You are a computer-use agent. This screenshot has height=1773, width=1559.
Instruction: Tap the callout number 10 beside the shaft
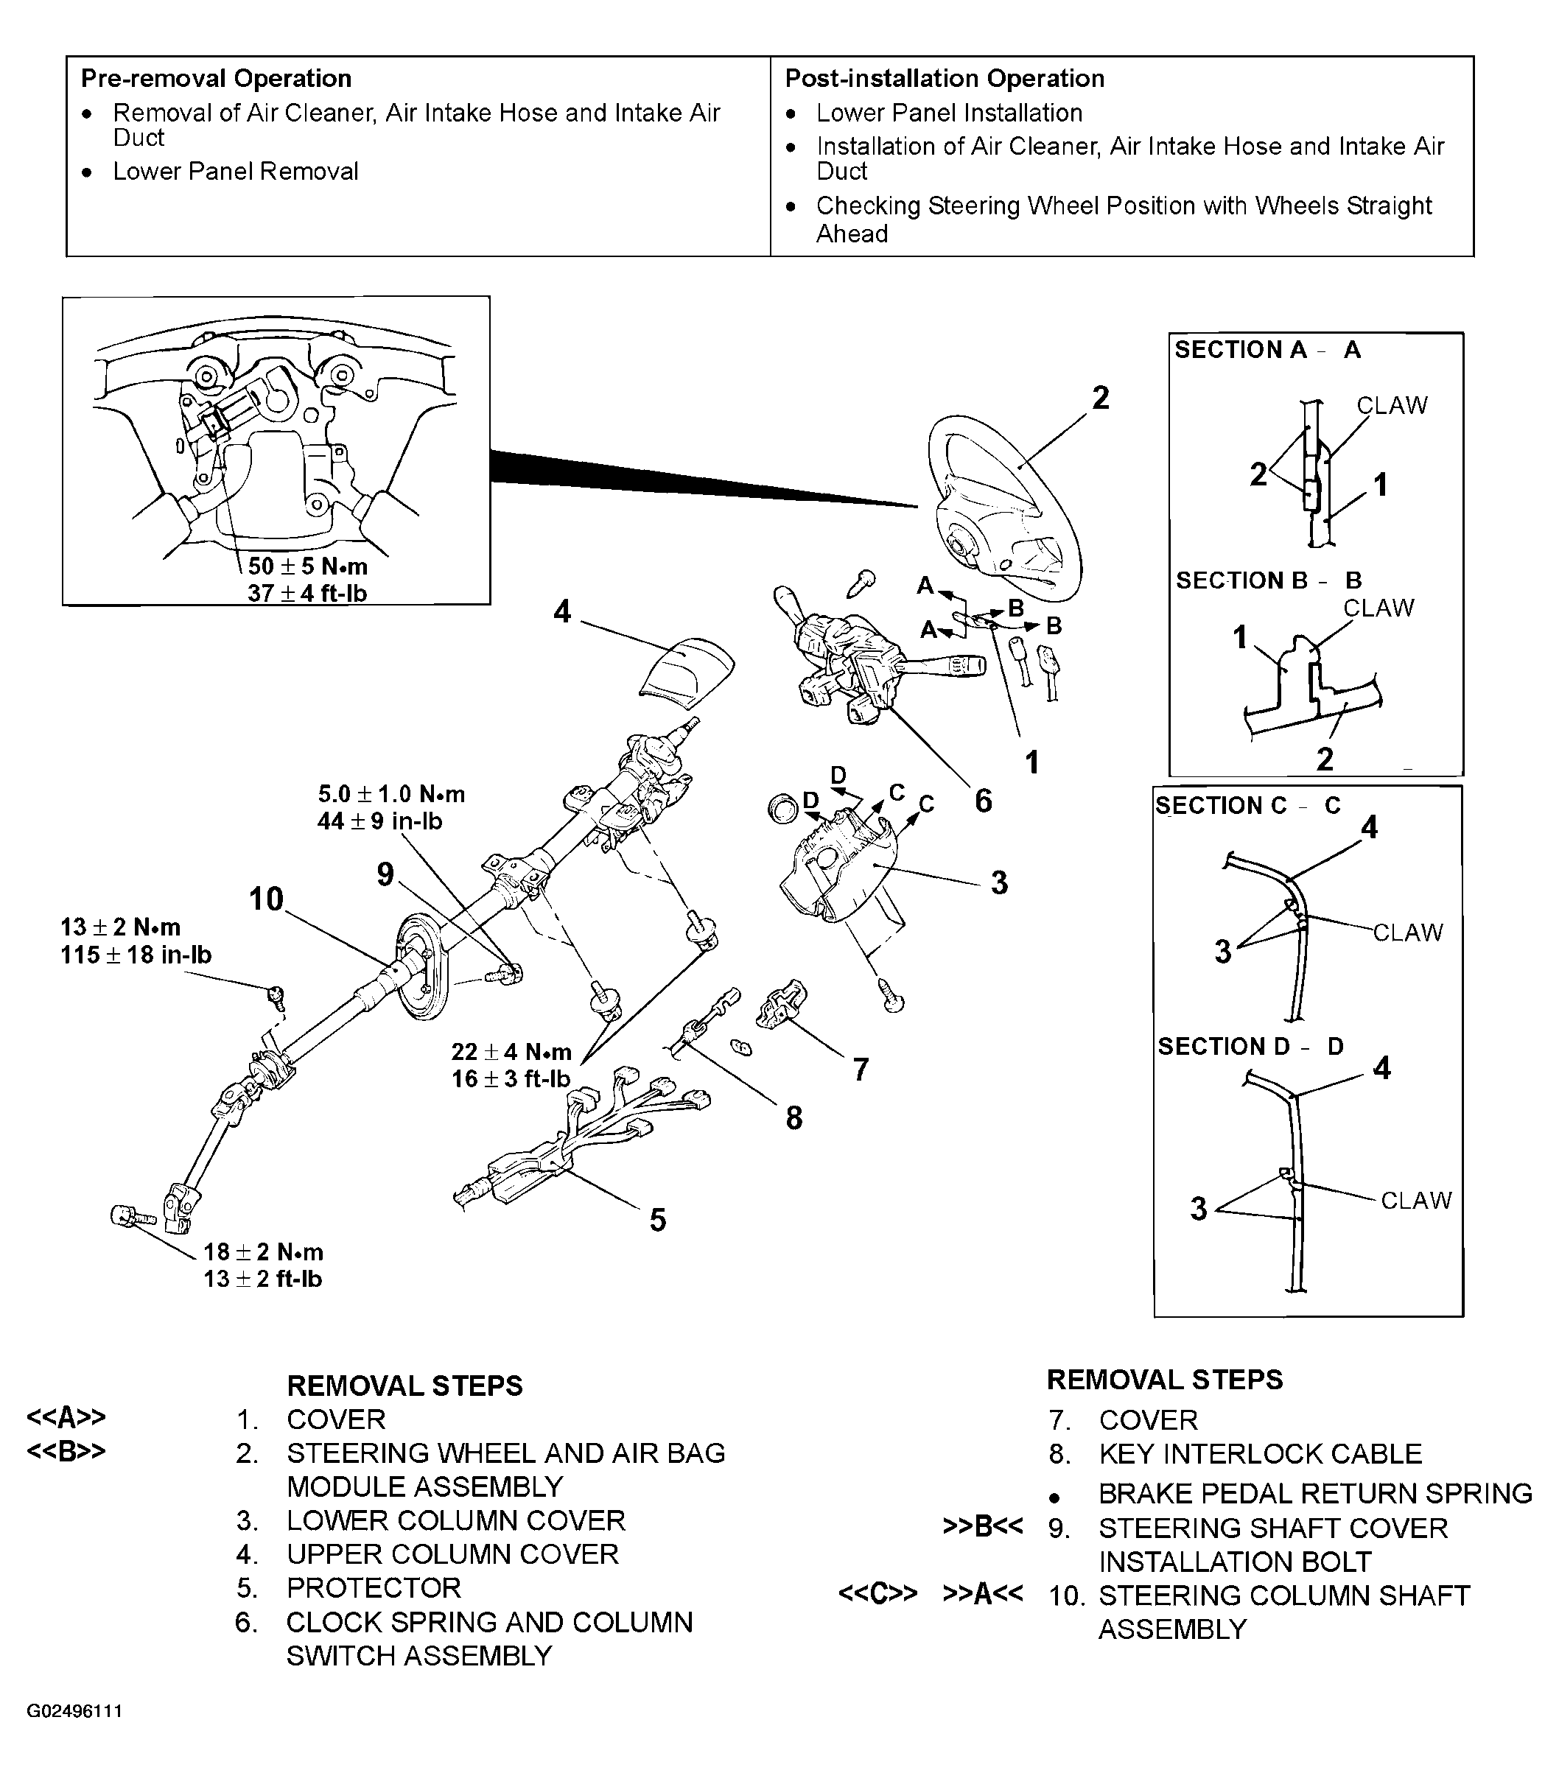pyautogui.click(x=266, y=899)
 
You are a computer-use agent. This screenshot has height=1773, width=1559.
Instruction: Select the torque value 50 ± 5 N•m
pyautogui.click(x=307, y=566)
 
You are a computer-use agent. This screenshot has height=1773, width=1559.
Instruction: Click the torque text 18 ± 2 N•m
pyautogui.click(x=263, y=1251)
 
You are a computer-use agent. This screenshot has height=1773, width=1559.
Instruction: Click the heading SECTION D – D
pyautogui.click(x=1250, y=1046)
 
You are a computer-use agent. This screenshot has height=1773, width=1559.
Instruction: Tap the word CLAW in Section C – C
pyautogui.click(x=1407, y=933)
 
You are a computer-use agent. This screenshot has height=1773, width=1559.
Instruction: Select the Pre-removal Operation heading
pyautogui.click(x=216, y=78)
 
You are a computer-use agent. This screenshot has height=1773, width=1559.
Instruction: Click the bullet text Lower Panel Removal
pyautogui.click(x=235, y=171)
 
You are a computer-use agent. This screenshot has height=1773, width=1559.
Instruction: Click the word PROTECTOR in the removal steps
pyautogui.click(x=374, y=1587)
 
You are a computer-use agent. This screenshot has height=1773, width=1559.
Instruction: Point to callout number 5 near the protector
pyautogui.click(x=658, y=1220)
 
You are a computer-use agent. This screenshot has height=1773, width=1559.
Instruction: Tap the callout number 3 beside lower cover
pyautogui.click(x=1000, y=882)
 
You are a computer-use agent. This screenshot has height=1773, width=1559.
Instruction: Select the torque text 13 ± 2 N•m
pyautogui.click(x=121, y=927)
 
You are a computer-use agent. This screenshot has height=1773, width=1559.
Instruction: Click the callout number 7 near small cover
pyautogui.click(x=860, y=1069)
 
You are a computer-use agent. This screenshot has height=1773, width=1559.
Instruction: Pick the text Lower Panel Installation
pyautogui.click(x=949, y=113)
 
